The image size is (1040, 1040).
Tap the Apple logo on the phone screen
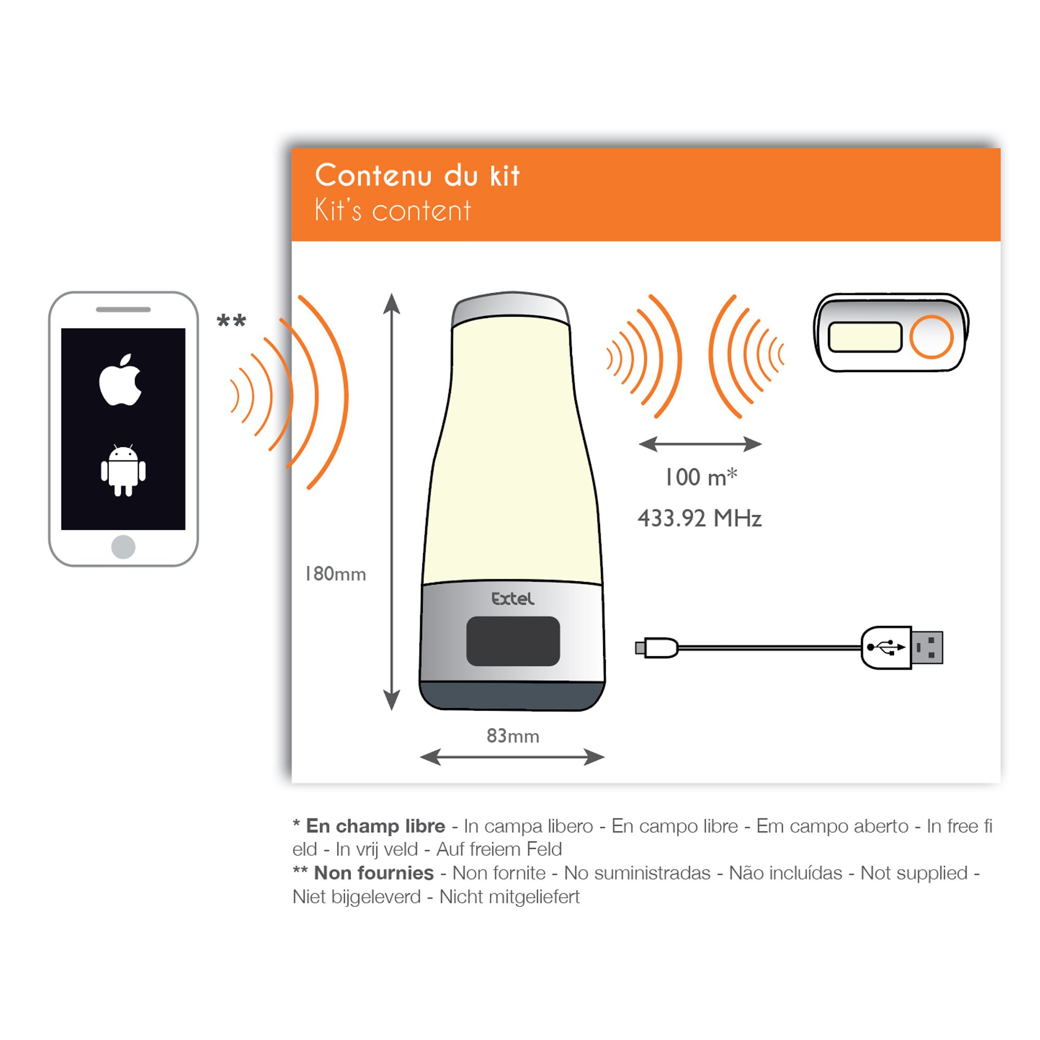pos(120,380)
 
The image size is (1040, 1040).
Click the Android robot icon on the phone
pos(123,471)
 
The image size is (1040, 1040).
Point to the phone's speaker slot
pos(123,309)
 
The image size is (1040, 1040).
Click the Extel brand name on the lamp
pos(513,599)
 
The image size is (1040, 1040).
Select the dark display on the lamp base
pos(513,641)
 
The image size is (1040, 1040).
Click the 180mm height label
pos(335,574)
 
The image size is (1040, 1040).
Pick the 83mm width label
pos(513,735)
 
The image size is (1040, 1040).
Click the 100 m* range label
pos(701,477)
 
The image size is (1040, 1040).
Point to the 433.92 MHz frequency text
pos(700,518)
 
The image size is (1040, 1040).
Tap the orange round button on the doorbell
pos(932,337)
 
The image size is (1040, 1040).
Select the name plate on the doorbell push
pos(865,337)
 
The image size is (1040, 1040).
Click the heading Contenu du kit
pos(417,175)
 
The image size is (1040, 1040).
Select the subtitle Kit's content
pos(393,210)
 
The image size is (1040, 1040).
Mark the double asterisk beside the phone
pos(231,321)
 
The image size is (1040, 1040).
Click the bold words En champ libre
pos(375,826)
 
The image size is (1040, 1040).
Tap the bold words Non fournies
pos(373,873)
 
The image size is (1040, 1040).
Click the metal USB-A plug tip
pos(928,647)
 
